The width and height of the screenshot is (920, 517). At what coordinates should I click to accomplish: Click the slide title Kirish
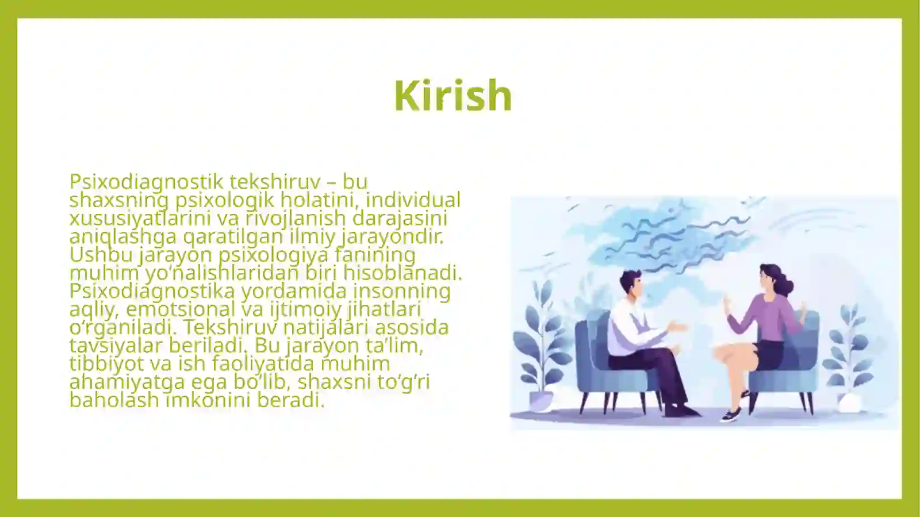[x=453, y=95]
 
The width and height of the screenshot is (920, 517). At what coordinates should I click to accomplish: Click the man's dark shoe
[x=681, y=411]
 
